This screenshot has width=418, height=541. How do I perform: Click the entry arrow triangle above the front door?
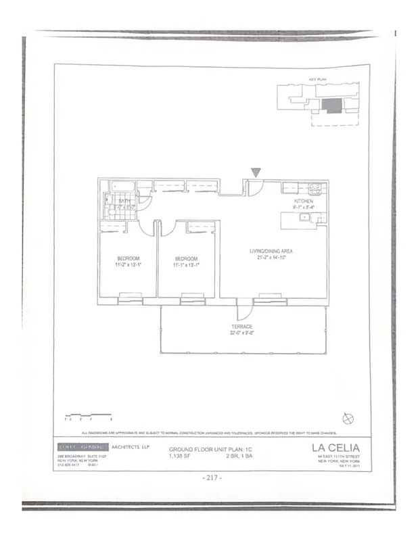255,174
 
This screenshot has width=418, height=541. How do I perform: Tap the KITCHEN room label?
302,202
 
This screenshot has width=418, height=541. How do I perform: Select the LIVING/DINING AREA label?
273,251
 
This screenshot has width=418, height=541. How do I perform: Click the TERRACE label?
241,327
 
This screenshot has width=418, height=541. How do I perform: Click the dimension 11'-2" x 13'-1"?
129,266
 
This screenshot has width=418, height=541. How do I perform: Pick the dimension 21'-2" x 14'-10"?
273,258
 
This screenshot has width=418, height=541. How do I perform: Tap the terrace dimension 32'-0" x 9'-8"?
241,333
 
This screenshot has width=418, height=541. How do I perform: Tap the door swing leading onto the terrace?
248,310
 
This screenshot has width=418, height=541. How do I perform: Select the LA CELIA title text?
335,447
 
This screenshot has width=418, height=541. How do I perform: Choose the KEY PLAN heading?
318,79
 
